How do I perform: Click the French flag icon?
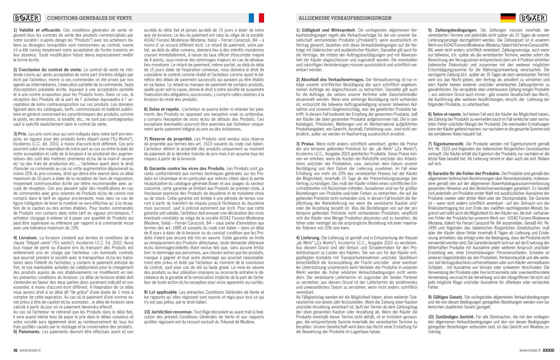257,18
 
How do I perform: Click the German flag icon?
507,18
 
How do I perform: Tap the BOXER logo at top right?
535,18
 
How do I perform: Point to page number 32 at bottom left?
15,350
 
